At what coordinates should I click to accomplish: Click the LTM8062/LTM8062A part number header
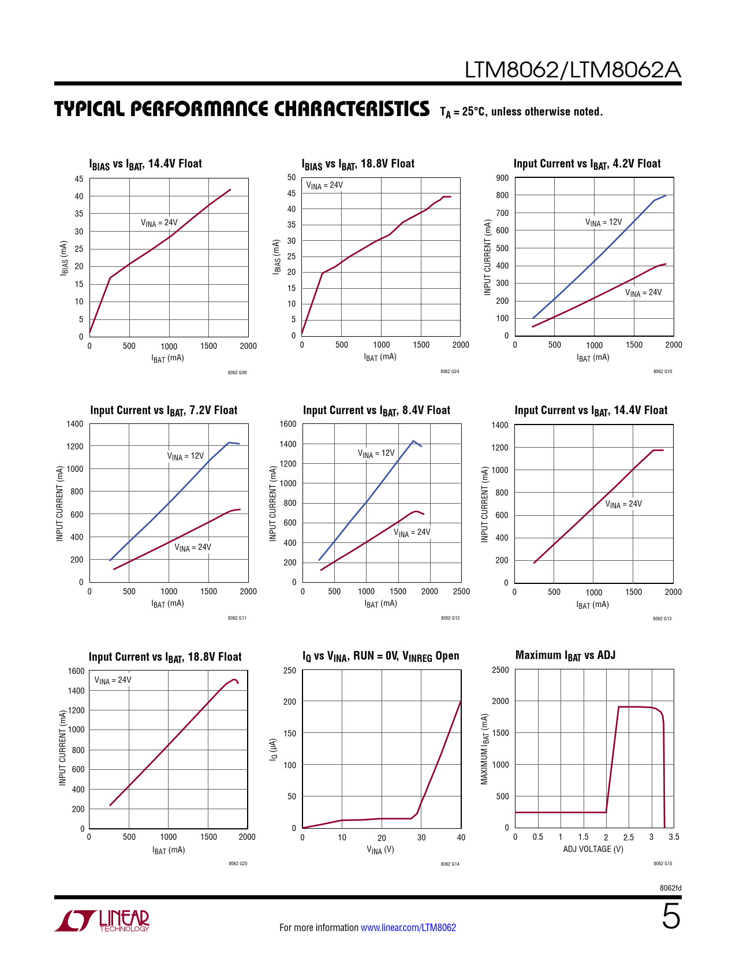(573, 70)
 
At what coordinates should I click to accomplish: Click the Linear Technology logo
(102, 921)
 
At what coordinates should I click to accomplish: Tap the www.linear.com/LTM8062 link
(408, 928)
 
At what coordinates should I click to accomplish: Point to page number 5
(671, 917)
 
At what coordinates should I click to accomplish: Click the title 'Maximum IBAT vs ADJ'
(565, 656)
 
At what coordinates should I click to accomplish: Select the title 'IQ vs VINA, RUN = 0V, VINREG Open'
(380, 656)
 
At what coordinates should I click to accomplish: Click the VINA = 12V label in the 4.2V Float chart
(603, 222)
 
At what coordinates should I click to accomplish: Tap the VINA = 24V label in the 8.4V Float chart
(412, 533)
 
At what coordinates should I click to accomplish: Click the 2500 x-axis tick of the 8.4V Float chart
(461, 591)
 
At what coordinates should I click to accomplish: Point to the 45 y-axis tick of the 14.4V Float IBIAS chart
(79, 179)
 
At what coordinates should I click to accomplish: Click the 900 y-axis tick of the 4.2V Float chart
(502, 178)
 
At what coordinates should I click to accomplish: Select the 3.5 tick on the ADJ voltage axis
(674, 837)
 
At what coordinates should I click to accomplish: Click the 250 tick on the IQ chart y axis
(290, 671)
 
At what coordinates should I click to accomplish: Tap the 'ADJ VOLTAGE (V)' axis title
(593, 849)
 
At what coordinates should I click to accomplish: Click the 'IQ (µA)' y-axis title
(274, 749)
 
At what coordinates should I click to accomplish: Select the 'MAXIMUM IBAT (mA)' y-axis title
(485, 749)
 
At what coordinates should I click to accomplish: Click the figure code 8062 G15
(663, 863)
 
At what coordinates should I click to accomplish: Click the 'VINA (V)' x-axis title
(380, 850)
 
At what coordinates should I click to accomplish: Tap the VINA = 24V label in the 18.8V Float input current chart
(113, 680)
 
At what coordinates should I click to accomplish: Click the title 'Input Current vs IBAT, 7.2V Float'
(163, 411)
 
